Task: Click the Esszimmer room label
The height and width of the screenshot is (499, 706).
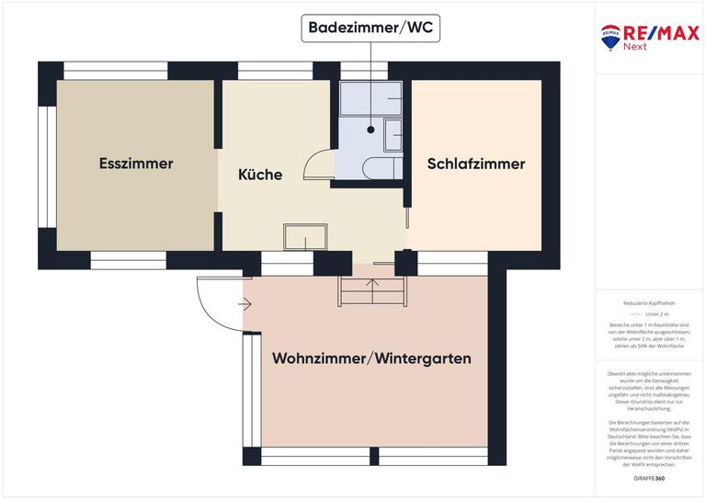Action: coord(136,164)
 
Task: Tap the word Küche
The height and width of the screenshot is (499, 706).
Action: coord(260,175)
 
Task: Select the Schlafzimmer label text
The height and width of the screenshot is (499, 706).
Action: coord(476,164)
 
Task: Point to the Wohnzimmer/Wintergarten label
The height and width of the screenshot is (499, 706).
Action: coord(371,358)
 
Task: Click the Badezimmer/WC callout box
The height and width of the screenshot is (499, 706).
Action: coord(371,28)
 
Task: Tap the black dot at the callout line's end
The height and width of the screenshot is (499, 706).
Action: coord(371,130)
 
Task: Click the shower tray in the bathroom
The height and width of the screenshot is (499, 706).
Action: coord(370,98)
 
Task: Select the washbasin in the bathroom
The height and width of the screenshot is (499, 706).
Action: coord(393,135)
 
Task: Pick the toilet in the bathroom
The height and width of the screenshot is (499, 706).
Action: coord(381,168)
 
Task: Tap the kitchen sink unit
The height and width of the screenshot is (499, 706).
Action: coord(306,237)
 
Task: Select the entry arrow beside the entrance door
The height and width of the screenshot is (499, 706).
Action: coord(245,302)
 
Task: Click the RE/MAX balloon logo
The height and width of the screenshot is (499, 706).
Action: coord(610,38)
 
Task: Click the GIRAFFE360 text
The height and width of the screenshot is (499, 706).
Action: coord(649,479)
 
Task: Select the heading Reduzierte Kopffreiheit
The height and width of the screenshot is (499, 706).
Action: coord(649,302)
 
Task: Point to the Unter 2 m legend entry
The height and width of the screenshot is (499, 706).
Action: coord(649,313)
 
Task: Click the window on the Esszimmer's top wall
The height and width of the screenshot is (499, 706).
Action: coord(116,71)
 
